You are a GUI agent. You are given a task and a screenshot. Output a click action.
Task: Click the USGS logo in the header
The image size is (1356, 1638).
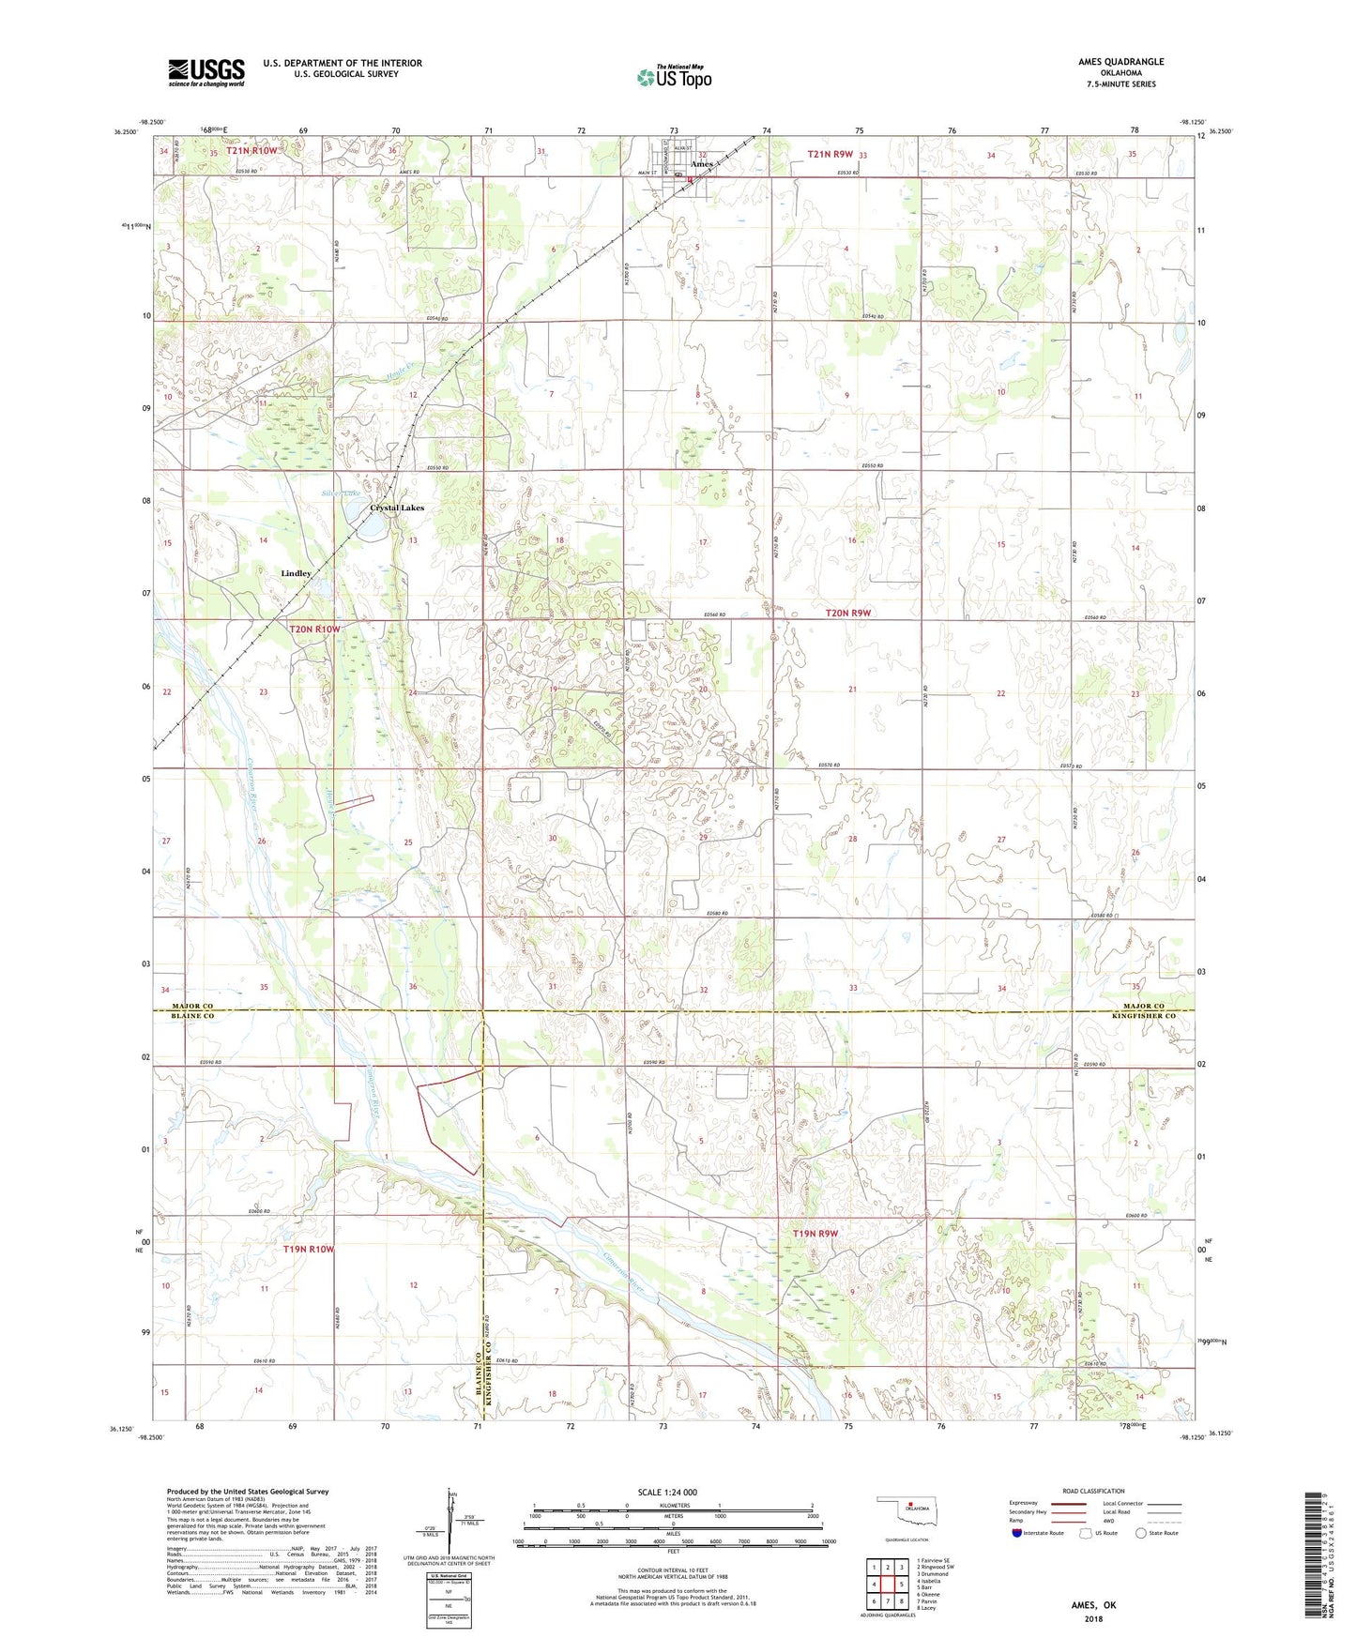[x=206, y=72]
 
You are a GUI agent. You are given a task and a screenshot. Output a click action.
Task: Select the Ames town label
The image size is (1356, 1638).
[x=701, y=164]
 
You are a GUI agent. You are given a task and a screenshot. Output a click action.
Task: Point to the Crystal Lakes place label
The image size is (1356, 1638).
[x=397, y=508]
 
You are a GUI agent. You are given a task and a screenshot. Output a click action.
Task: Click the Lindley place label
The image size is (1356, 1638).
[x=296, y=573]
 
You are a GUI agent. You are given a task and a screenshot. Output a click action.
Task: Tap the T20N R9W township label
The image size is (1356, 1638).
[x=848, y=613]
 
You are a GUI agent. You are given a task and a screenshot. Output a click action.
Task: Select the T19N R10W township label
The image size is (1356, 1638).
[x=308, y=1250]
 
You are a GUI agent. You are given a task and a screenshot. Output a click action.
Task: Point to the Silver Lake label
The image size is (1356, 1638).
[x=341, y=493]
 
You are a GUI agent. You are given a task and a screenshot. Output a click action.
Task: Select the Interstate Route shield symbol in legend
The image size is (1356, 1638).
[x=1018, y=1533]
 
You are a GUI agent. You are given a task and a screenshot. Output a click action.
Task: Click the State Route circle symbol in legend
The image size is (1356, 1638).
[x=1140, y=1533]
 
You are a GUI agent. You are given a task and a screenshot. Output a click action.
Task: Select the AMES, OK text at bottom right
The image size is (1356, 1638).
[x=1093, y=1605]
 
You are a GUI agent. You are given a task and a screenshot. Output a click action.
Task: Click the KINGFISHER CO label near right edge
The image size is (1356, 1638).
[x=1144, y=1016]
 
